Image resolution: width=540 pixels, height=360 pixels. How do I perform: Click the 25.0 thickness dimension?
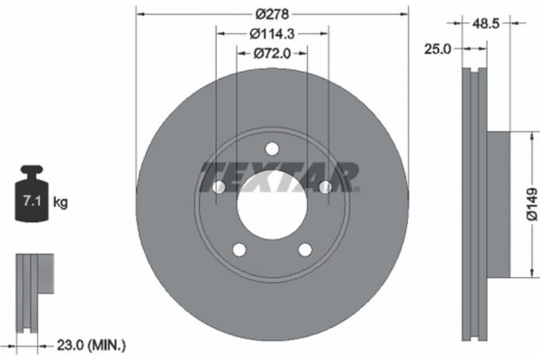436,49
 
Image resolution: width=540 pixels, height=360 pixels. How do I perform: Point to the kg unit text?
61,202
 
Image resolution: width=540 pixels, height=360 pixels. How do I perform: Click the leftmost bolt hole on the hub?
218,186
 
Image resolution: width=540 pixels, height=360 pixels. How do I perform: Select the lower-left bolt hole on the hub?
238,249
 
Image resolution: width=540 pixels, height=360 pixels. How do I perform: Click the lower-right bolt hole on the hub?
304,249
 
